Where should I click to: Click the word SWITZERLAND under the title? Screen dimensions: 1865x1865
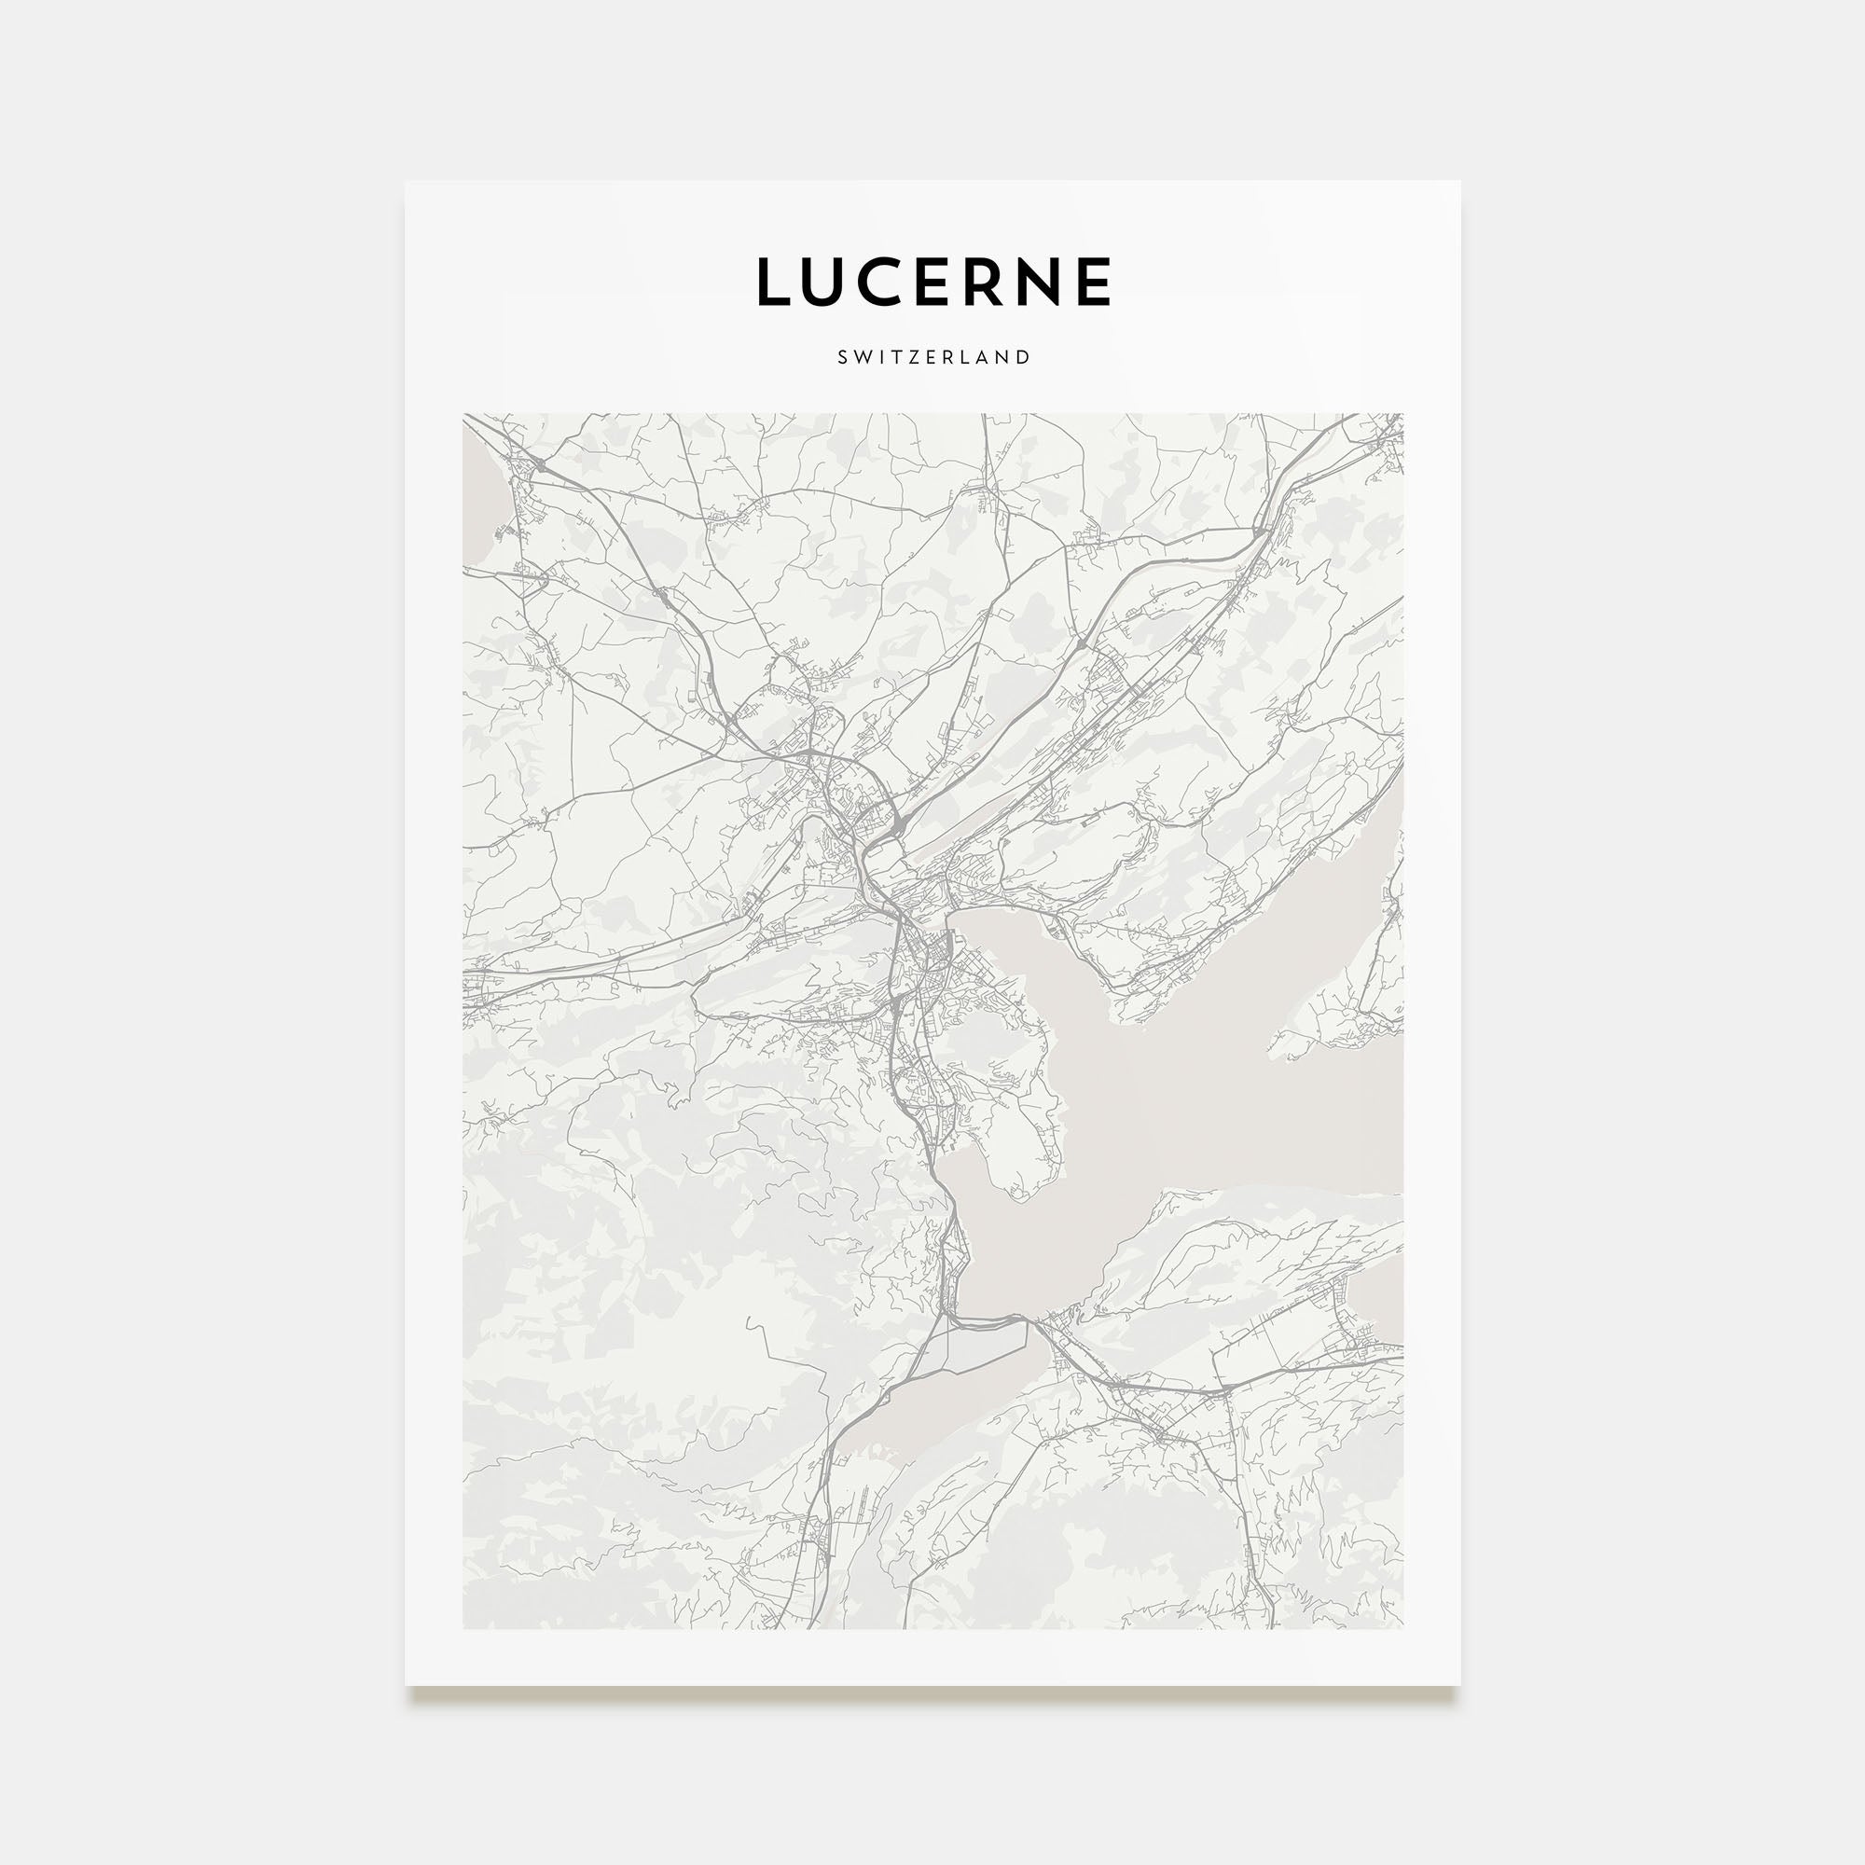coord(933,357)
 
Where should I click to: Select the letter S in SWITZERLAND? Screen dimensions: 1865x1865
coord(843,357)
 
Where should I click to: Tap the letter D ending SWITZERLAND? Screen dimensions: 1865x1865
coord(1024,357)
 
